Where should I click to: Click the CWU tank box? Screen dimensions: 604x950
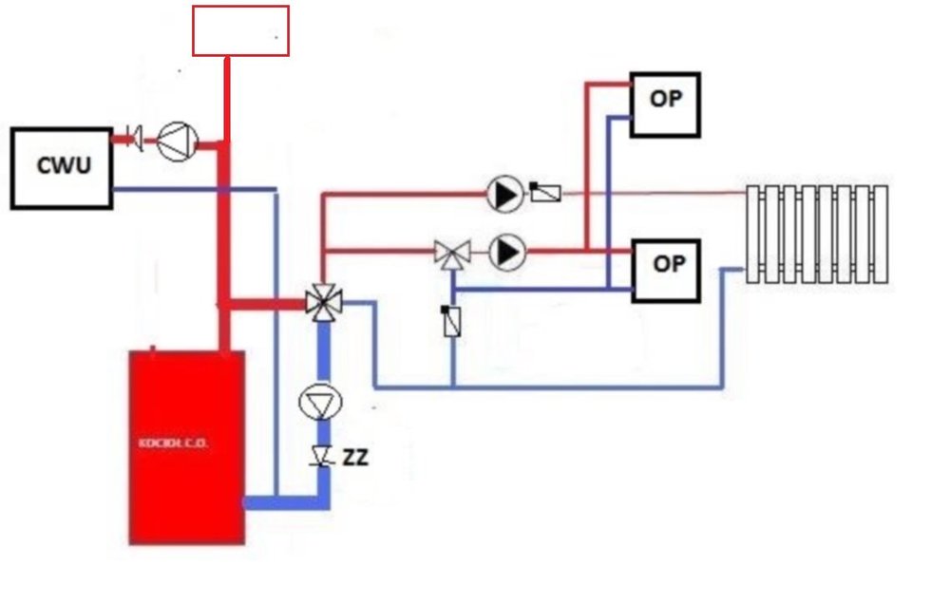pyautogui.click(x=62, y=168)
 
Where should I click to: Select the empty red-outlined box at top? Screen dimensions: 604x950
pyautogui.click(x=240, y=30)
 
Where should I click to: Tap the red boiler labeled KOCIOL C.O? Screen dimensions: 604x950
pyautogui.click(x=187, y=446)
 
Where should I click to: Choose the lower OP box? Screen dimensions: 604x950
pyautogui.click(x=665, y=271)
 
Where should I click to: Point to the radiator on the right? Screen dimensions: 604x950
pyautogui.click(x=817, y=234)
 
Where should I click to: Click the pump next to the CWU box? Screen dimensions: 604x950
pyautogui.click(x=177, y=142)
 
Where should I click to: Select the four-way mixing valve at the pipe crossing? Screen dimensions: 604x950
pyautogui.click(x=324, y=303)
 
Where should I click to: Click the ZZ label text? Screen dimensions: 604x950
pyautogui.click(x=355, y=458)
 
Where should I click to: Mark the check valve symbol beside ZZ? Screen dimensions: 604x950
pyautogui.click(x=322, y=457)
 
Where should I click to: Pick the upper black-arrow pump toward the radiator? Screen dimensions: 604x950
pyautogui.click(x=505, y=195)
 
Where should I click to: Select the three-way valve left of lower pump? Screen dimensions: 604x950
pyautogui.click(x=453, y=253)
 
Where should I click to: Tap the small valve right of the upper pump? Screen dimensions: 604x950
pyautogui.click(x=545, y=193)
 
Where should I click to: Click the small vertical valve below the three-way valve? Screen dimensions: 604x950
pyautogui.click(x=452, y=321)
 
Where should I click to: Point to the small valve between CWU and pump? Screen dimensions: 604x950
pyautogui.click(x=136, y=139)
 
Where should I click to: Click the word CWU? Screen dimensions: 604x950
pyautogui.click(x=65, y=165)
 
